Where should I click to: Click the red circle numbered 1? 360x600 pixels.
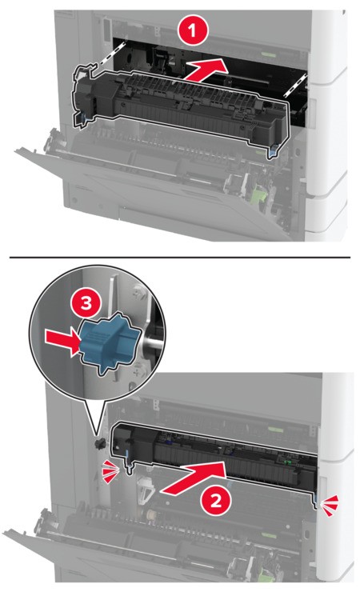(192, 30)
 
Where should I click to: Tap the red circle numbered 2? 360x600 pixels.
(216, 500)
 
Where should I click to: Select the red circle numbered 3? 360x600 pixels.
(86, 304)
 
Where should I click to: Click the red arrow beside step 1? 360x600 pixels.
(206, 69)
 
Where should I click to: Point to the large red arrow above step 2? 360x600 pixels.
(193, 477)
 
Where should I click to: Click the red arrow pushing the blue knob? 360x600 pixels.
(62, 342)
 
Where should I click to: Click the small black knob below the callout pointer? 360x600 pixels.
(99, 443)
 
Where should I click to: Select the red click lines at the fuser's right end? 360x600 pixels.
(330, 503)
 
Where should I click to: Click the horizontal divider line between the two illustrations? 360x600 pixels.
(180, 257)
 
